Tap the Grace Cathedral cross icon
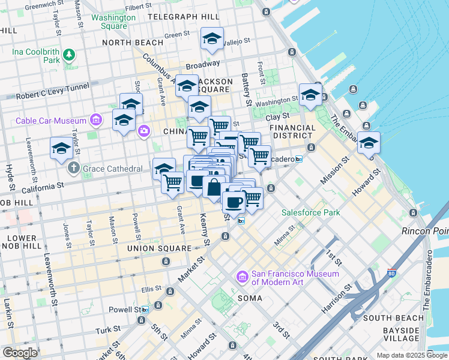click(74, 168)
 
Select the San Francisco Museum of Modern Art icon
click(243, 277)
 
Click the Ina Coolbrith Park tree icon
click(70, 56)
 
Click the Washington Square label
click(113, 22)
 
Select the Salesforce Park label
click(311, 212)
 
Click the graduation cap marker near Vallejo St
click(212, 39)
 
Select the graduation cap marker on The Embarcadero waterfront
click(369, 143)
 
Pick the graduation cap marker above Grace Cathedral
click(62, 147)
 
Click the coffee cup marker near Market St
click(234, 201)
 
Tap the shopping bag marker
click(214, 187)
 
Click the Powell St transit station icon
click(145, 310)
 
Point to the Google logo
click(20, 352)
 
